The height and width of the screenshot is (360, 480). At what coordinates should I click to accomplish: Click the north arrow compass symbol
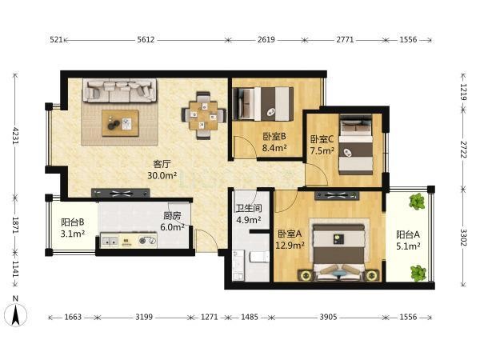[x=15, y=311]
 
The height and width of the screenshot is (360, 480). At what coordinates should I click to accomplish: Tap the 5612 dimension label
[x=146, y=40]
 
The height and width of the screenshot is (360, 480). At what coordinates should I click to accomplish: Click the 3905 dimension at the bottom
[x=329, y=317]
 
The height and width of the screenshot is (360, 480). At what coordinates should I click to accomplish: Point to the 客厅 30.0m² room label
[x=162, y=170]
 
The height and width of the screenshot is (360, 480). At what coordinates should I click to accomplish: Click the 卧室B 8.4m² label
[x=274, y=142]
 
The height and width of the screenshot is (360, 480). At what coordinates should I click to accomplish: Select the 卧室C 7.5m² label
[x=322, y=145]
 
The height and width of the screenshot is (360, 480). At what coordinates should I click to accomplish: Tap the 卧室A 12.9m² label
[x=290, y=240]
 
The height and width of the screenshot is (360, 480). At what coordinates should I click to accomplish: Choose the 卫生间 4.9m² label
[x=249, y=214]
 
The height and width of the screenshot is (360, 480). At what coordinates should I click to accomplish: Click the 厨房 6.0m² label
[x=172, y=222]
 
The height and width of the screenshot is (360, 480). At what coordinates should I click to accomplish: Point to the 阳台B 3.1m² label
[x=73, y=228]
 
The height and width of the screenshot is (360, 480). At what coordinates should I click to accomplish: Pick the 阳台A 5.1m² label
[x=408, y=240]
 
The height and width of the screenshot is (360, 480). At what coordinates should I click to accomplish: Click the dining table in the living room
[x=203, y=116]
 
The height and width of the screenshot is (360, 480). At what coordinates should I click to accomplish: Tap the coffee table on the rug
[x=120, y=123]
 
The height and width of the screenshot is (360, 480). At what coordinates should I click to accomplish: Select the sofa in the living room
[x=120, y=90]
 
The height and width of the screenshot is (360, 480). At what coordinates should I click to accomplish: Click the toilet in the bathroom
[x=259, y=257]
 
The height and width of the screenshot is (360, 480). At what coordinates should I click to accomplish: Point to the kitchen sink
[x=110, y=241]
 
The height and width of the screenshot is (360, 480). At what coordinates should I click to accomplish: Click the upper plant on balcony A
[x=417, y=202]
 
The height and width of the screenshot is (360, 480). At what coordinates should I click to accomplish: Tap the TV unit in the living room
[x=121, y=193]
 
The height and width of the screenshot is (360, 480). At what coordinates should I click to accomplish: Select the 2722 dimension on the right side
[x=463, y=150]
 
